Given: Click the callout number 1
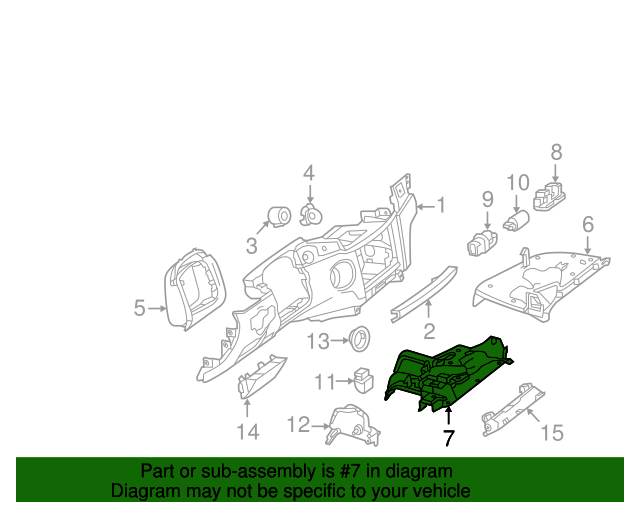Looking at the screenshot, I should click(440, 206).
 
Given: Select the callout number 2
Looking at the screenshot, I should click(429, 331).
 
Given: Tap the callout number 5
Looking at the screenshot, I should click(140, 309).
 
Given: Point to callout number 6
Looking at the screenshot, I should click(588, 225).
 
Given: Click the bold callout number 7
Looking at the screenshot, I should click(448, 438).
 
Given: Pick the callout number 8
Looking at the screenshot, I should click(557, 153).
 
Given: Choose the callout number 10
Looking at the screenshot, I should click(517, 183).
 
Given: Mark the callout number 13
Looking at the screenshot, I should click(318, 342).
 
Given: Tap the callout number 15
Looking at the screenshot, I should click(552, 432).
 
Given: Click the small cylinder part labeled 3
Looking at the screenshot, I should click(279, 215).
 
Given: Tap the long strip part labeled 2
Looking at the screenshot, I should click(425, 289).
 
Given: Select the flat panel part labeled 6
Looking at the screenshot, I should click(540, 284).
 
